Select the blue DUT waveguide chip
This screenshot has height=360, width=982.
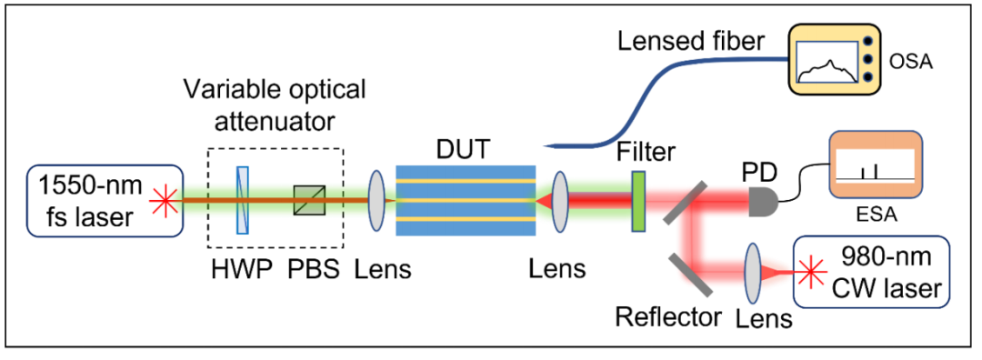[466, 200]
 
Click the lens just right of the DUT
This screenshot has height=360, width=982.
[559, 200]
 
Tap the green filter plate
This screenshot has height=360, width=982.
[638, 201]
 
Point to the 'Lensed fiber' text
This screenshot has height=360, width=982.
[691, 44]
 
